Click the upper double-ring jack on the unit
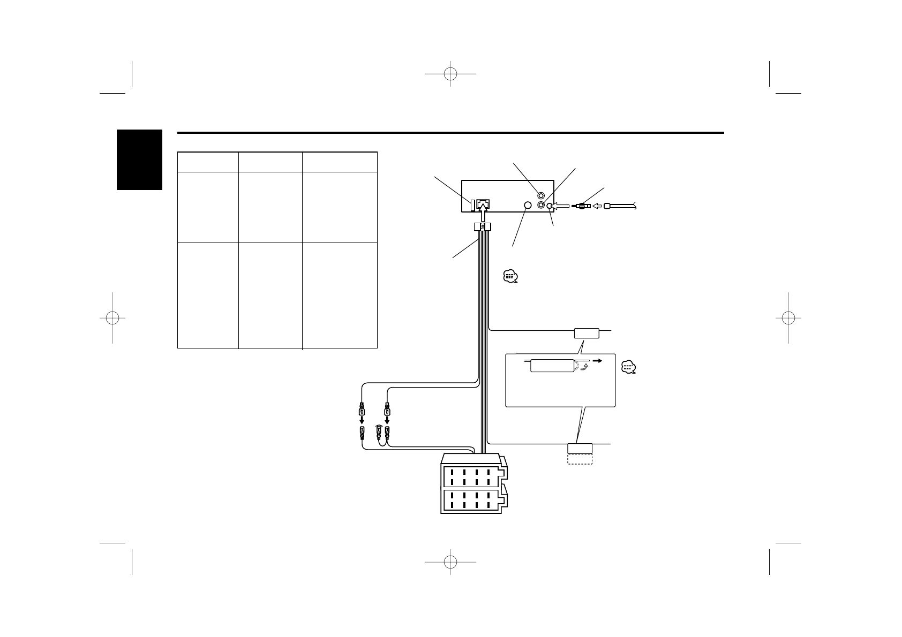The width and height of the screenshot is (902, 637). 542,196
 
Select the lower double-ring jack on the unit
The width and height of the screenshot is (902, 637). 542,205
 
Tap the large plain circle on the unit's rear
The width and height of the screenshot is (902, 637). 527,206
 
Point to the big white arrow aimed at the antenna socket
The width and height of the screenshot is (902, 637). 561,206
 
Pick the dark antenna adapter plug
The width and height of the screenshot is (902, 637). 581,206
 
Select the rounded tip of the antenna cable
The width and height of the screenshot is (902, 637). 607,206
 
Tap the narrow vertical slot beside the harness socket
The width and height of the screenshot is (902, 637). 473,204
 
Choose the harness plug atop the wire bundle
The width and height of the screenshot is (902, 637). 483,227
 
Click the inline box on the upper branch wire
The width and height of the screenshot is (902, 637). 585,333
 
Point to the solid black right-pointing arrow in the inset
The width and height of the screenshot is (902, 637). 597,361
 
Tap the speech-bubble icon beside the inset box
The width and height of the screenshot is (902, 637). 628,367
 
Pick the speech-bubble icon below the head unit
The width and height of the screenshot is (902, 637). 510,277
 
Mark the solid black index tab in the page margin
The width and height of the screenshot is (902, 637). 139,160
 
